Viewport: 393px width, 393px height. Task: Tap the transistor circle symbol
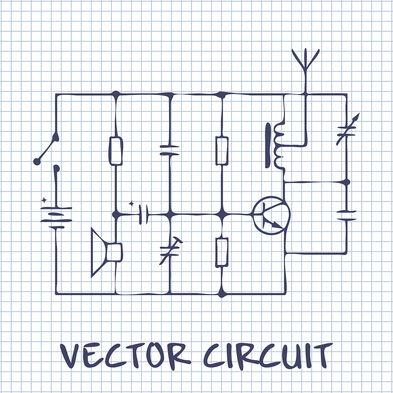point(271,215)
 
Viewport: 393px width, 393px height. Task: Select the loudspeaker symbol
point(105,253)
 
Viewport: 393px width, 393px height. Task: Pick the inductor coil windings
point(278,146)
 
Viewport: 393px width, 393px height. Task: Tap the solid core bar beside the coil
point(268,146)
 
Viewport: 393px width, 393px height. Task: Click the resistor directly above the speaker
point(116,151)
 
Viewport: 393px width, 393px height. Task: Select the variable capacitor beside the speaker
point(170,251)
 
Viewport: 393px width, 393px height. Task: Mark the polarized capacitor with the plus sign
point(143,215)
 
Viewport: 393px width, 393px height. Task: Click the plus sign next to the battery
point(44,200)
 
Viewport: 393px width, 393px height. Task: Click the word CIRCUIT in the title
point(267,355)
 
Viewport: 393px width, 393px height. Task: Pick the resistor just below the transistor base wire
point(222,252)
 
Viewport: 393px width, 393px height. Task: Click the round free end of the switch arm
point(37,161)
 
